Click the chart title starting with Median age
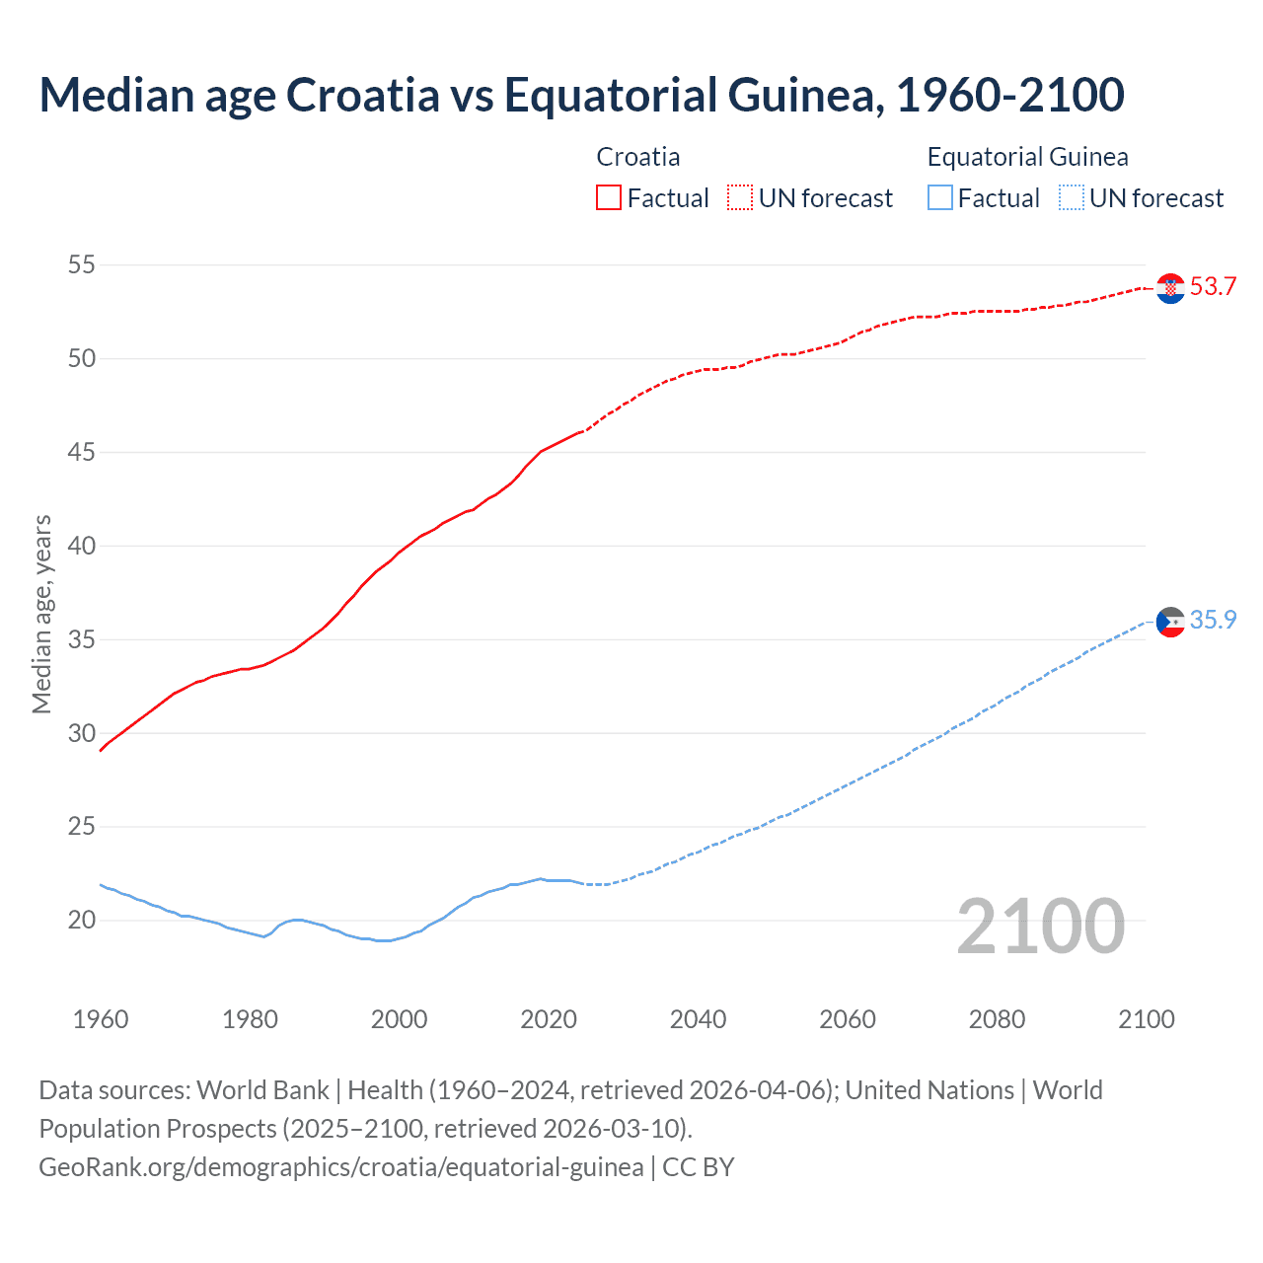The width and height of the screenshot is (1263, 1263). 581,95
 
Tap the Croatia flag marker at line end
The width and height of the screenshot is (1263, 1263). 1170,288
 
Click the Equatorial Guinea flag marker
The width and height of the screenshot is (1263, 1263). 1170,622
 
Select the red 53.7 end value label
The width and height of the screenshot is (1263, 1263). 1213,287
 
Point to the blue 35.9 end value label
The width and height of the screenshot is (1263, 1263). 1213,620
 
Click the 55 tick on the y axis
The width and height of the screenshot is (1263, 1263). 82,264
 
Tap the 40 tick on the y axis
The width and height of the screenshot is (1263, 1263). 82,546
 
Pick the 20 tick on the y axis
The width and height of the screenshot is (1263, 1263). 82,921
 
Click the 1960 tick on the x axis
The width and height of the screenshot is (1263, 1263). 101,1019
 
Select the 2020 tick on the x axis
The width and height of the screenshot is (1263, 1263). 549,1019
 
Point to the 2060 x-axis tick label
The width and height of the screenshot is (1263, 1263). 848,1019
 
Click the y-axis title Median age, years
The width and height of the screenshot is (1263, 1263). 41,614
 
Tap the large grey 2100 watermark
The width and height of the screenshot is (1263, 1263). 1040,926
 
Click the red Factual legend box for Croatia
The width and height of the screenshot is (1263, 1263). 609,198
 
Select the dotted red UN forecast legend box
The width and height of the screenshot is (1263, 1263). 740,198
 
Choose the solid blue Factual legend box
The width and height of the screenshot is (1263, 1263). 940,198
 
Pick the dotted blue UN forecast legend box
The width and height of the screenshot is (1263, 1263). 1071,198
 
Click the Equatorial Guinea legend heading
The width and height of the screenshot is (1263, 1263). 1027,157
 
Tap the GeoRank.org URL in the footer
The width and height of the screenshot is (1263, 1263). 340,1167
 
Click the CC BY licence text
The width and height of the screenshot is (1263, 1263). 699,1167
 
